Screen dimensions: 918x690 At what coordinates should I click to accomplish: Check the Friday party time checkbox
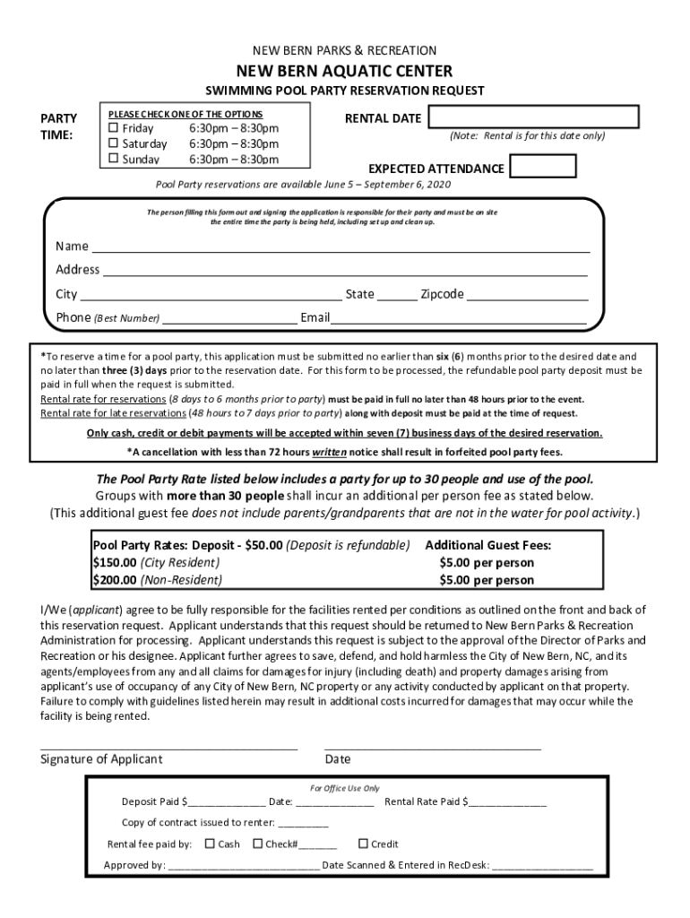click(114, 128)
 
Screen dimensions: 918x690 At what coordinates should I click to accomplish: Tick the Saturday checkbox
click(114, 143)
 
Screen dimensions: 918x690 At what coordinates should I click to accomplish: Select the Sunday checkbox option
click(114, 159)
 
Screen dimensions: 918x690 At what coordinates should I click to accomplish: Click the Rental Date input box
click(533, 117)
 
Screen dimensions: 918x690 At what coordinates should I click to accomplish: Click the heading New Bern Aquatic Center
click(344, 71)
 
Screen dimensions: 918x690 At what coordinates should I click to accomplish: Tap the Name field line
click(341, 248)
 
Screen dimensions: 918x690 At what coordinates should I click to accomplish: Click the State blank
click(397, 296)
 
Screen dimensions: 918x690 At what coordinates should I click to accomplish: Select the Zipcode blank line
click(527, 296)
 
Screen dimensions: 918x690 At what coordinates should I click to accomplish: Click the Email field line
click(459, 319)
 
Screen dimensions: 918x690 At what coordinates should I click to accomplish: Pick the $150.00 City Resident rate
click(156, 563)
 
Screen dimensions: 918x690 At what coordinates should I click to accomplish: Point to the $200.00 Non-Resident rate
click(158, 580)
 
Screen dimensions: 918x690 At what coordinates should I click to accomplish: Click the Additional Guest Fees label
click(487, 545)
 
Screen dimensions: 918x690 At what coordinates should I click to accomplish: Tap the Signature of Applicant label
click(101, 759)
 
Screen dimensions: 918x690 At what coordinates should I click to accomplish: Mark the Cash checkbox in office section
click(210, 844)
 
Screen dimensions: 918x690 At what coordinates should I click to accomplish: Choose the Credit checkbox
click(363, 844)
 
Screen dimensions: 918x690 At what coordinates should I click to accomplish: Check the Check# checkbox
click(257, 844)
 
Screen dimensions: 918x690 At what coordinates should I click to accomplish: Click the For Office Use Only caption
click(344, 788)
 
